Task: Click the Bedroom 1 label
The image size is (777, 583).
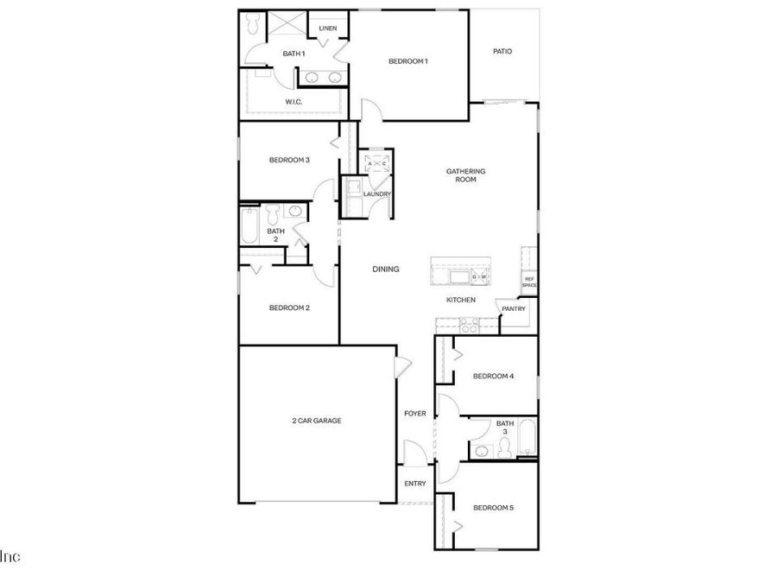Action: tap(407, 61)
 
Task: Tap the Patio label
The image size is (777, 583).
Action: tap(502, 52)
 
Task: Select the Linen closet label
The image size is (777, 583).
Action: tap(327, 29)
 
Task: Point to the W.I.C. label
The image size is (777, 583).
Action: tap(294, 102)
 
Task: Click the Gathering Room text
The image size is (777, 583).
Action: tap(465, 175)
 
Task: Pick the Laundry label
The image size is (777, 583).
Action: tap(377, 193)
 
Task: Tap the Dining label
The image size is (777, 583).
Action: tap(386, 269)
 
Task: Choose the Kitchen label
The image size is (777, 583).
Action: tap(461, 300)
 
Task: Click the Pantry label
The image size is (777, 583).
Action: tap(515, 308)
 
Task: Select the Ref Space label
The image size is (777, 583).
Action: tap(529, 282)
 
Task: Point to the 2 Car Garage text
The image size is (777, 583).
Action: tap(316, 421)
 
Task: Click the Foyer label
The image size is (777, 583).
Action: tap(415, 414)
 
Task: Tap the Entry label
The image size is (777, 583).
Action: tap(415, 484)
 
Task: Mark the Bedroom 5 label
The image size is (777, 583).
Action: tap(493, 508)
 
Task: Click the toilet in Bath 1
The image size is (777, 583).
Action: tap(254, 26)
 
